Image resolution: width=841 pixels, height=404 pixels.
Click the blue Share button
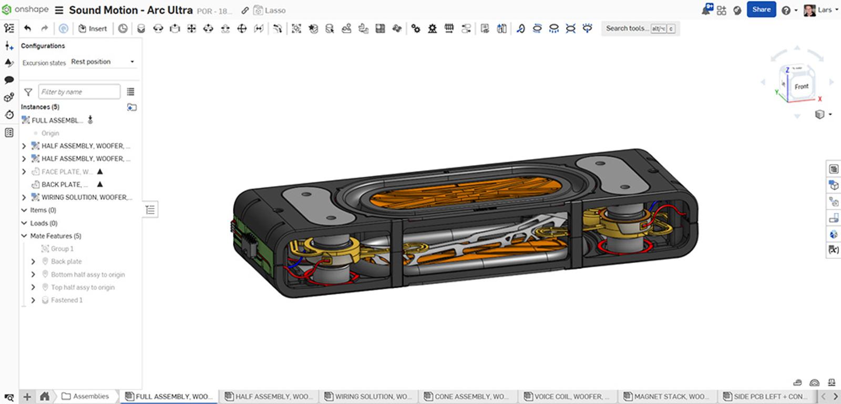click(761, 9)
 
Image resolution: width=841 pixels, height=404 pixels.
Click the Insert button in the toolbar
click(93, 28)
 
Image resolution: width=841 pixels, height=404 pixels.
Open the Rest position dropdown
click(103, 62)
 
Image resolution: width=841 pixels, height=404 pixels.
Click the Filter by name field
click(79, 92)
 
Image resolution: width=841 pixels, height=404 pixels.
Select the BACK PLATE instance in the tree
click(61, 185)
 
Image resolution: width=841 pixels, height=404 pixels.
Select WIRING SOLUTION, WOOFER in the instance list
click(84, 197)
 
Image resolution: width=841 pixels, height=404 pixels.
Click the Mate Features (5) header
click(56, 236)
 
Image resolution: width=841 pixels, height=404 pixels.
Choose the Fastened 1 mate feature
click(67, 300)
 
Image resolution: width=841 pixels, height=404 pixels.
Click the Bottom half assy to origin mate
click(88, 275)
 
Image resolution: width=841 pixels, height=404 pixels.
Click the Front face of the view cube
click(801, 86)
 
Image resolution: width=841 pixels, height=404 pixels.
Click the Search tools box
click(627, 28)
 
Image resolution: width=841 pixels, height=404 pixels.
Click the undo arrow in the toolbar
click(28, 28)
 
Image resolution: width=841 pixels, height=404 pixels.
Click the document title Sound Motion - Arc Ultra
click(130, 10)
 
